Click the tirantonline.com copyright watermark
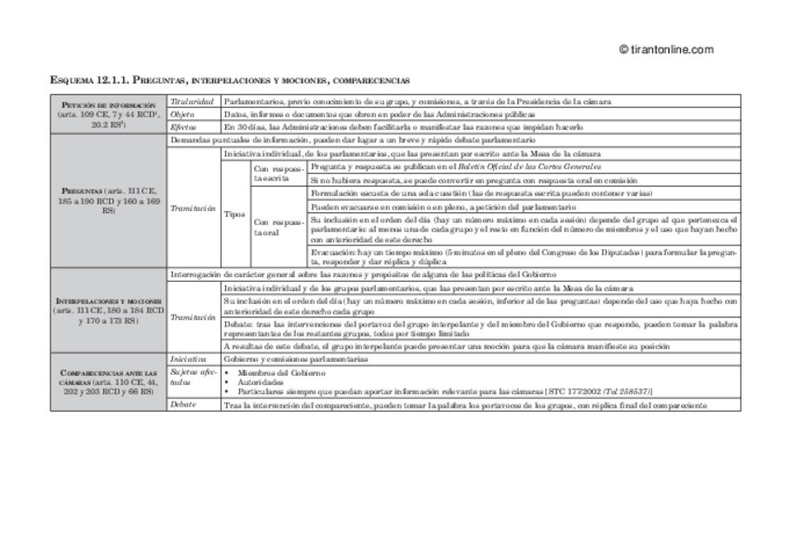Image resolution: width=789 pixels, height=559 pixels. [665, 50]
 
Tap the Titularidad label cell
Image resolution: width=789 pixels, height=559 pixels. [193, 100]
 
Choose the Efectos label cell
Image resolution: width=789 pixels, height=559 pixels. [184, 126]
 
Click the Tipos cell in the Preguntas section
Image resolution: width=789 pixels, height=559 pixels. [235, 214]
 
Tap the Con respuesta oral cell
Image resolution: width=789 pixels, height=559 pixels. [278, 227]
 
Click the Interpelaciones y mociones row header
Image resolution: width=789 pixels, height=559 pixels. [110, 311]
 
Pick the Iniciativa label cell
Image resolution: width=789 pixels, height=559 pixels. [188, 358]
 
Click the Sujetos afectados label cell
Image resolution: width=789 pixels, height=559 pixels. [192, 376]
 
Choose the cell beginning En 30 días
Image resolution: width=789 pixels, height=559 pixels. [404, 126]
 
